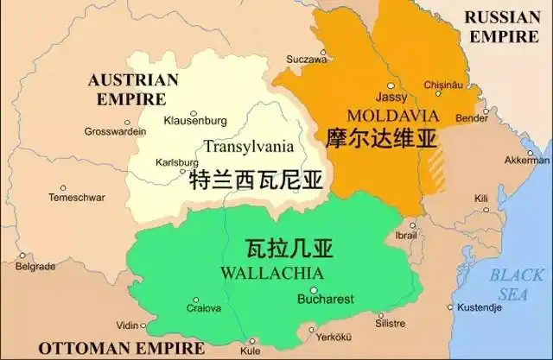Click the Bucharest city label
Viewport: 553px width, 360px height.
click(325, 300)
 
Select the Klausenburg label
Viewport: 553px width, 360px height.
click(195, 120)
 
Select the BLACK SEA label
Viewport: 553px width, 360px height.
click(517, 284)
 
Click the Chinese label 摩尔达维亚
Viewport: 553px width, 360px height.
click(381, 138)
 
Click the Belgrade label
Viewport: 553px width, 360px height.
click(35, 267)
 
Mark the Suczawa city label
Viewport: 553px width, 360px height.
click(307, 60)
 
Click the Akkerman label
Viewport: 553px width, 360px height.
click(526, 161)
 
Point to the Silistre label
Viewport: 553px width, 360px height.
click(390, 323)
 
